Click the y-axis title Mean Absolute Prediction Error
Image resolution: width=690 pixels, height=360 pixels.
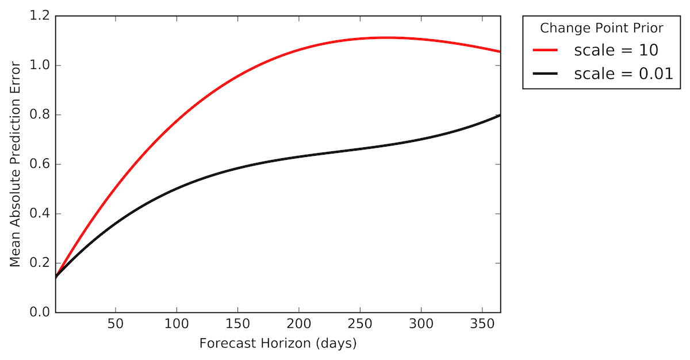coord(16,163)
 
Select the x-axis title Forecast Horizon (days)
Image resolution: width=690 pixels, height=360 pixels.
coord(278,344)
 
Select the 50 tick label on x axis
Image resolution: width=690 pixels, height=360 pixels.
coord(116,324)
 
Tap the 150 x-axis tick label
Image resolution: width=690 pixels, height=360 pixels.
coord(238,324)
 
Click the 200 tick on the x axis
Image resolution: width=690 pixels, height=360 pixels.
coord(299,324)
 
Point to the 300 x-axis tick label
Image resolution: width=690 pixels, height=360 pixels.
coord(421,324)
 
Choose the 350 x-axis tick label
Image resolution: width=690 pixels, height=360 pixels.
coord(482,324)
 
